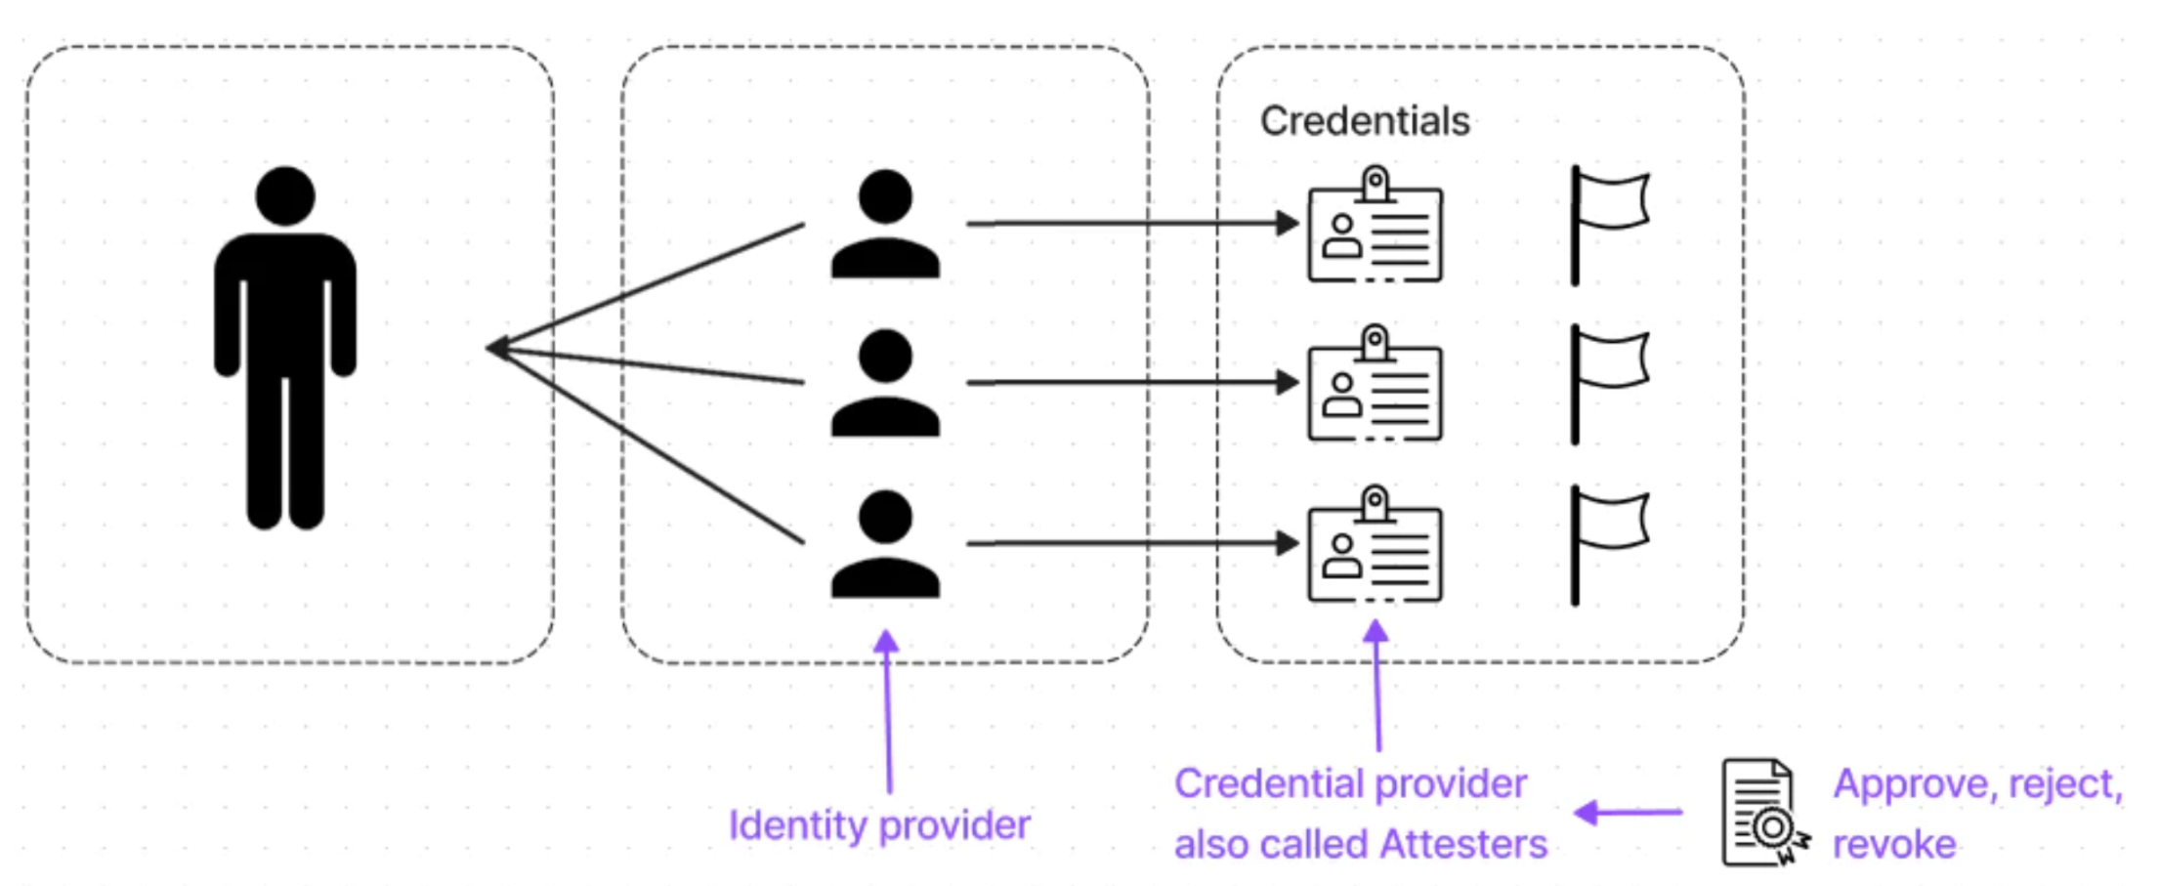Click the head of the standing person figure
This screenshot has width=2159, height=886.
285,195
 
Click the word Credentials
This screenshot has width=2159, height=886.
1365,121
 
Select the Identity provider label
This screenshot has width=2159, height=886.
879,825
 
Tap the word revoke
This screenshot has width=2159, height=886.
1894,844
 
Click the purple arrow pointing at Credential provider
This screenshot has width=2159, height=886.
1628,812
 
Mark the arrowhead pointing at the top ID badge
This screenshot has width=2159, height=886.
1287,224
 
